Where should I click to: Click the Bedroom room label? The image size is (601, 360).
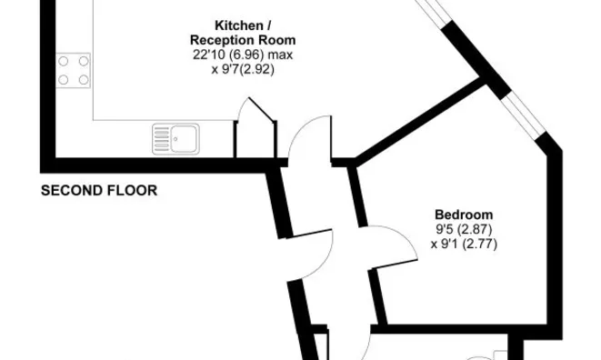tap(464, 215)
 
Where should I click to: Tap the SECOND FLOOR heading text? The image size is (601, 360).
tap(99, 191)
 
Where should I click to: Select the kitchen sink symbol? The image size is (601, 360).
tap(175, 139)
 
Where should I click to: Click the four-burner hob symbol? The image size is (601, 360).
tap(74, 71)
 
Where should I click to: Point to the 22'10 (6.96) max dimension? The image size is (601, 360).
tap(243, 55)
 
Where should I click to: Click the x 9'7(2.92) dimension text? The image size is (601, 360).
tap(243, 69)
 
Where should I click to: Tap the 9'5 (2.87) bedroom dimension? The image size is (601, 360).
tap(464, 229)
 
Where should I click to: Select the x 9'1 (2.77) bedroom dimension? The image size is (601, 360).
tap(464, 244)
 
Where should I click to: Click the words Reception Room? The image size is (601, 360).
tap(243, 40)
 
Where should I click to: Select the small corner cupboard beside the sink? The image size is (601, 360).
tap(255, 128)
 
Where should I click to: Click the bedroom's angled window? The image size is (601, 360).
tap(524, 115)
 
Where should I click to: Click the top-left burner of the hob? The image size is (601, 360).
tap(64, 61)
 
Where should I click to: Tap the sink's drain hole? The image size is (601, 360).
tap(175, 139)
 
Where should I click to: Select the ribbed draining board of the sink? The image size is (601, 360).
tap(161, 139)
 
